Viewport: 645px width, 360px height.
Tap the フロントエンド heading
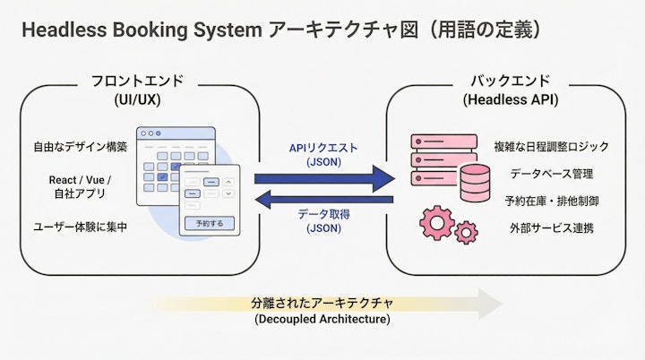coord(137,81)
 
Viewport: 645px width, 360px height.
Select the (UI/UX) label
coord(137,99)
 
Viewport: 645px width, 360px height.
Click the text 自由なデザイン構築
coord(79,146)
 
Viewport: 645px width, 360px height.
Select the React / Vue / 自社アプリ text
coord(79,186)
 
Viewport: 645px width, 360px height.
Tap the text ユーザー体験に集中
coord(79,227)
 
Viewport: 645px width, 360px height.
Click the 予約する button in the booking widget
coord(209,222)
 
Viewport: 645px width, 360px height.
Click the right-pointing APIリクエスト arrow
coord(323,176)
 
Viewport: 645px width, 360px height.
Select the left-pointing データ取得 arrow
coord(323,199)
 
